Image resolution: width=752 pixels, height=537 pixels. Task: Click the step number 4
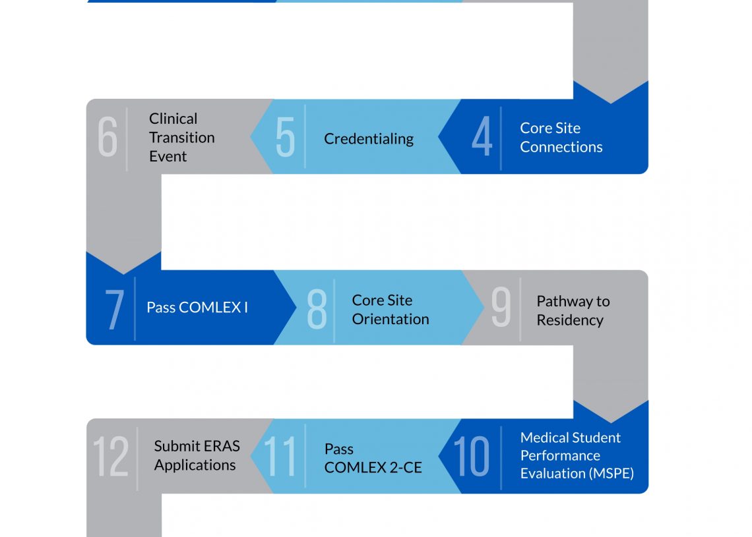point(482,137)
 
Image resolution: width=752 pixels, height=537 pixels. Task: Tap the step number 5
point(285,137)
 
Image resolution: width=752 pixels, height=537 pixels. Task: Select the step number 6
point(108,137)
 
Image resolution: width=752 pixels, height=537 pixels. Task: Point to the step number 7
point(114,308)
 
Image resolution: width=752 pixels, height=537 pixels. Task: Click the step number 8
point(317,308)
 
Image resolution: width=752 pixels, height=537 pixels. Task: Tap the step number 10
point(472,457)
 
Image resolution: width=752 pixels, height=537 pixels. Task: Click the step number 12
point(110,457)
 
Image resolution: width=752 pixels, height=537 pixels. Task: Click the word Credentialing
point(369,139)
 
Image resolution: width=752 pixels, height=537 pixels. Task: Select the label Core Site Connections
point(561,138)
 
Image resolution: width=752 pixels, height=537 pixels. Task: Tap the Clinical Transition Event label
point(181,138)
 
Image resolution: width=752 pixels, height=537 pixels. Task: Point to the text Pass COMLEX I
point(197,308)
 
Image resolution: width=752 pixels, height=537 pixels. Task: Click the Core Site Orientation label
point(390,310)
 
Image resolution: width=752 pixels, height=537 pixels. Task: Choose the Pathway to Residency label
point(573,310)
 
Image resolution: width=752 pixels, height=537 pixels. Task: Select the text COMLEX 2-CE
point(373,468)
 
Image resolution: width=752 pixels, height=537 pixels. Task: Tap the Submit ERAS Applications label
point(196,455)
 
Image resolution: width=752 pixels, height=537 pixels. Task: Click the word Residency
point(569,320)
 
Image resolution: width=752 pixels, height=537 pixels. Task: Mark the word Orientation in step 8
point(390,319)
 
